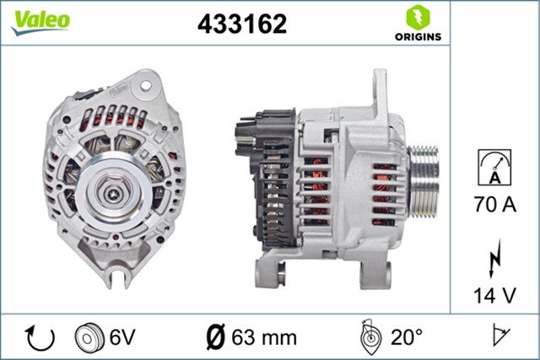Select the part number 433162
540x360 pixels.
click(x=242, y=24)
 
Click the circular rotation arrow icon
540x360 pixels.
click(x=40, y=337)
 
